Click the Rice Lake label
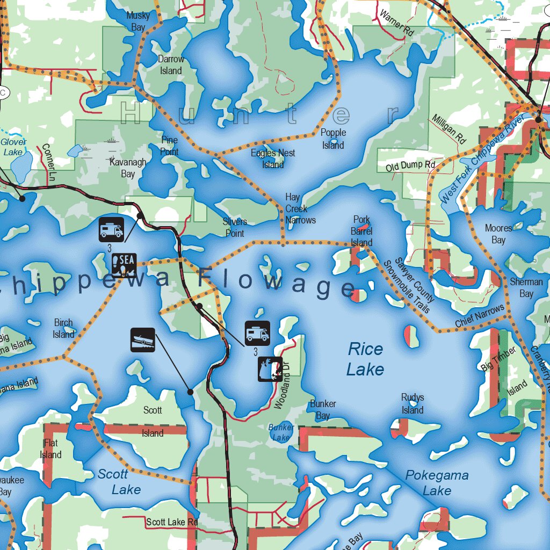point(365,359)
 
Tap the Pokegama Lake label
point(437,482)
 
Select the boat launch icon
point(143,340)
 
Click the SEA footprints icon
point(124,265)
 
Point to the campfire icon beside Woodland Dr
point(270,369)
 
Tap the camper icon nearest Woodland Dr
point(257,333)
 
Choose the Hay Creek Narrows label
point(300,208)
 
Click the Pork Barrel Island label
point(361,231)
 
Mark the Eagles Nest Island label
point(273,158)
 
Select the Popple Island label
point(333,139)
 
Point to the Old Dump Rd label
point(410,166)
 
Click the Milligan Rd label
point(449,128)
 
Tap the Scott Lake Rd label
point(172,522)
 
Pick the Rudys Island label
point(412,403)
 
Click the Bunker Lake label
point(281,432)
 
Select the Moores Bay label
point(498,234)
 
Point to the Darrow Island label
point(171,64)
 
